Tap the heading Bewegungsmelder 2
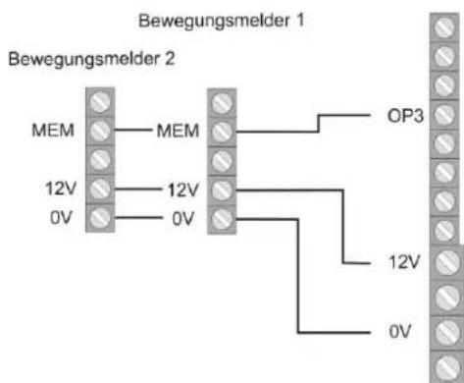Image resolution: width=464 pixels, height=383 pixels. tap(91, 59)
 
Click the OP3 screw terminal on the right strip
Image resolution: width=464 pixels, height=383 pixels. tap(443, 116)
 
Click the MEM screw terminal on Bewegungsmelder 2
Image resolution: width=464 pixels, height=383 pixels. tap(99, 130)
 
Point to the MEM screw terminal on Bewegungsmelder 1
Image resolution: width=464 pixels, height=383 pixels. tap(223, 130)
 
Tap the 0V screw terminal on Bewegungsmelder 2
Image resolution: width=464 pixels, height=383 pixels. tap(99, 216)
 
